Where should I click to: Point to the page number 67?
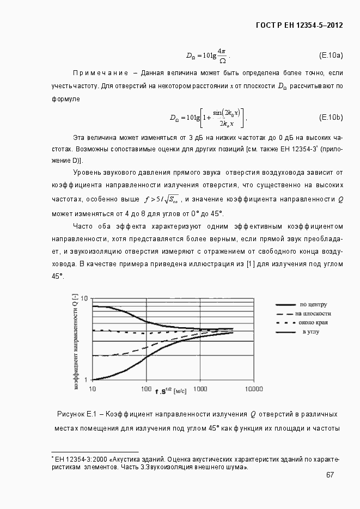click(x=330, y=475)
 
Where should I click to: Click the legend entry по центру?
click(x=313, y=304)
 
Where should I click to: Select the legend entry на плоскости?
click(x=314, y=314)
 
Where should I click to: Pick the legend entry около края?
click(x=313, y=323)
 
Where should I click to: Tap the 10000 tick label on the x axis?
click(x=254, y=389)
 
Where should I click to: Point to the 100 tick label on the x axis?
click(x=146, y=389)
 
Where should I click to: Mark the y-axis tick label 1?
click(x=86, y=379)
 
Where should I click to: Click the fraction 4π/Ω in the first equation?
click(x=222, y=56)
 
